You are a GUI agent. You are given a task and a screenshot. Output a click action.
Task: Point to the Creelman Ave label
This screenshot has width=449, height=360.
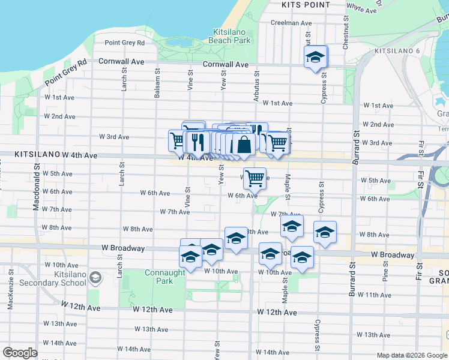coord(291,23)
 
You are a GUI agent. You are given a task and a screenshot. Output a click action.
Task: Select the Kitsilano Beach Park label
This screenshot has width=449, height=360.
coord(229,36)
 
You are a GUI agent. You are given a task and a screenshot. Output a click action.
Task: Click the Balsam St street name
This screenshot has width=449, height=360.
coord(157,87)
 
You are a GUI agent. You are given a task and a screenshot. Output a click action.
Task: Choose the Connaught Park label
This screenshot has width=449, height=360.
coord(165,277)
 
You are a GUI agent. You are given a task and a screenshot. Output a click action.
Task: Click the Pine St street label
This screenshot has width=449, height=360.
coord(385,275)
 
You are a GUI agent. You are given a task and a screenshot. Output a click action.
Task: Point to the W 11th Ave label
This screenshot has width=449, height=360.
coord(374,295)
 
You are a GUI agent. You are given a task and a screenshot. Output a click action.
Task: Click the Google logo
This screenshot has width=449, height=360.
coord(20,353)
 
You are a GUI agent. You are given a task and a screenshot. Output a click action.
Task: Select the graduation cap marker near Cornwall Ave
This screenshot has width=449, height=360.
coord(315,58)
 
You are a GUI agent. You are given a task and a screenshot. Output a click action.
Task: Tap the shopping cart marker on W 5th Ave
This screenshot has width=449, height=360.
coord(255,177)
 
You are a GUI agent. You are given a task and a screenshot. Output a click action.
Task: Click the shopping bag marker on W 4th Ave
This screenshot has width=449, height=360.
coord(244,145)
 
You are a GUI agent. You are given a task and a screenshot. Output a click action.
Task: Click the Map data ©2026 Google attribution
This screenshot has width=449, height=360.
coord(412,355)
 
